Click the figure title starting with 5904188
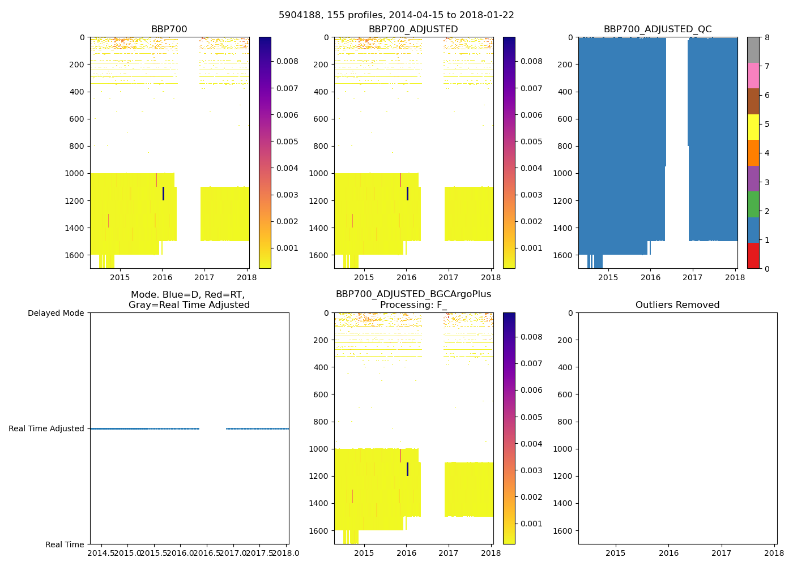[396, 15]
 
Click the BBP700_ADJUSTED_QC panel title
[657, 29]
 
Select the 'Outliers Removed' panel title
[677, 305]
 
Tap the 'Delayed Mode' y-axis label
[56, 313]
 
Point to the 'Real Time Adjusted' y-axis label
[46, 428]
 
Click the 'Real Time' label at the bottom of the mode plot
[65, 544]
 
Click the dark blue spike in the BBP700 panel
[163, 194]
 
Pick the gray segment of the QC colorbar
[753, 50]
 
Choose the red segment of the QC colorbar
[753, 255]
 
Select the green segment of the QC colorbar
[753, 204]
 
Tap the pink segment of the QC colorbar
[753, 75]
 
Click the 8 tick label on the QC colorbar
[767, 37]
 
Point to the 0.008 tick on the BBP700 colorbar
[287, 61]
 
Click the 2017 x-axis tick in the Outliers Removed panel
[722, 553]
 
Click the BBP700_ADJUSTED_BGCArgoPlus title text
[413, 294]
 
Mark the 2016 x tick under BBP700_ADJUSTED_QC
[650, 277]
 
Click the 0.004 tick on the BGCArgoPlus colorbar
[531, 444]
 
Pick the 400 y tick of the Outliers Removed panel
[565, 367]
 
